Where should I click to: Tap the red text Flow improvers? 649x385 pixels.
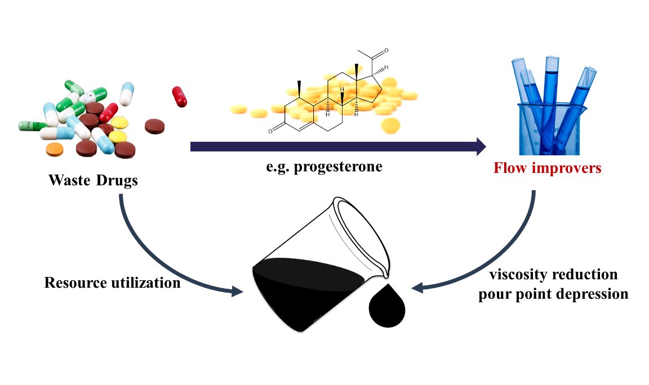[547, 168]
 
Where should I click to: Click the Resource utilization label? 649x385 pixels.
[113, 283]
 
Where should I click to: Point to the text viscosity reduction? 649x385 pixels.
[553, 275]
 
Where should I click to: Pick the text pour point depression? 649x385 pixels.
[553, 294]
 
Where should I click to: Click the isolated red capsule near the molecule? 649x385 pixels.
[179, 96]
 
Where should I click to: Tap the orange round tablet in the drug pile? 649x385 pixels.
[54, 149]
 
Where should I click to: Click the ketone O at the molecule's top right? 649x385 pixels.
[386, 51]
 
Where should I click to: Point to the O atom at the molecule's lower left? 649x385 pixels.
[270, 132]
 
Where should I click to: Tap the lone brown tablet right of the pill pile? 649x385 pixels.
[154, 127]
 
